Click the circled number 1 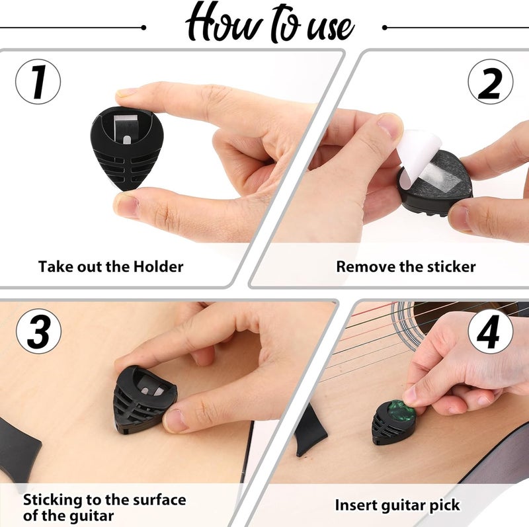[x=38, y=82]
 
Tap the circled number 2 [x=490, y=82]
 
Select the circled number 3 [x=38, y=331]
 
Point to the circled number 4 [x=491, y=332]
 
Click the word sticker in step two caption [x=451, y=266]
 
